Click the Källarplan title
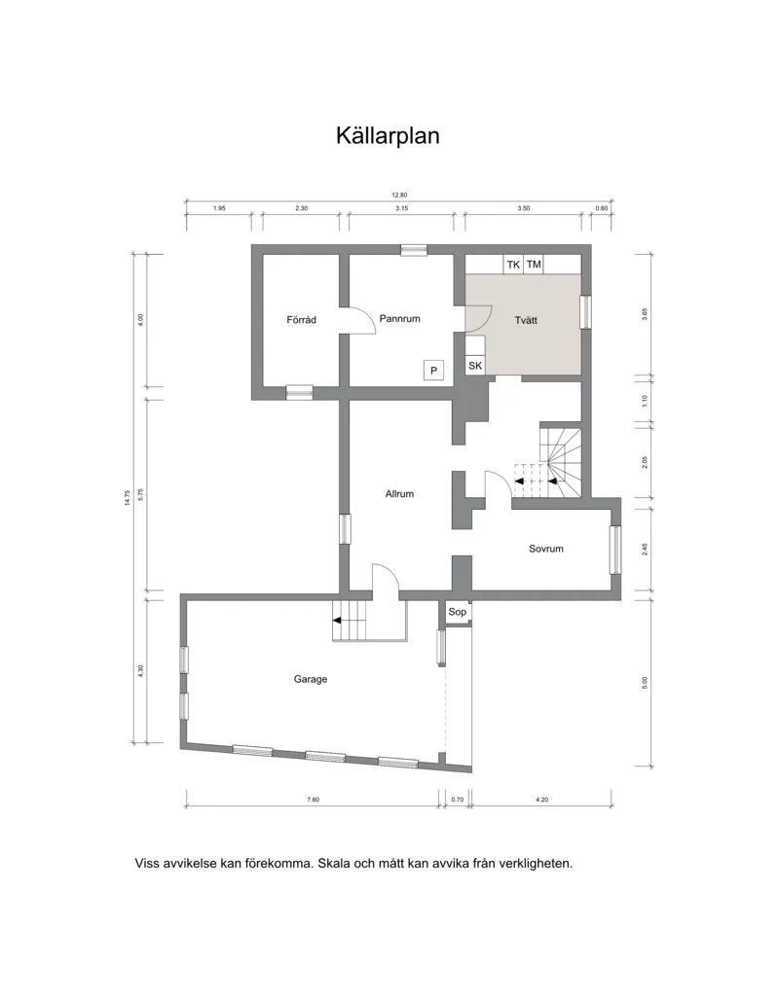click(388, 136)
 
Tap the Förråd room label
click(301, 320)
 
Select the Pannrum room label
click(399, 318)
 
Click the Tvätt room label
click(526, 320)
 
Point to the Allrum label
click(399, 494)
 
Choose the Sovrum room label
click(546, 549)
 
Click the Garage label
click(311, 679)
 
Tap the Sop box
click(458, 613)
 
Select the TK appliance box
click(513, 265)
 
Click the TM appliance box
click(534, 265)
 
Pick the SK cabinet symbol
click(475, 366)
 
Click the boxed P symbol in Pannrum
click(434, 371)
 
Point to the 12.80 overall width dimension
click(399, 195)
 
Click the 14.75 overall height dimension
click(128, 498)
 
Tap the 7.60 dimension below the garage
click(313, 800)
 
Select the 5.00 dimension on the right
click(645, 682)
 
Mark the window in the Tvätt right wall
click(585, 312)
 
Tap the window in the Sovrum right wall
click(615, 550)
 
